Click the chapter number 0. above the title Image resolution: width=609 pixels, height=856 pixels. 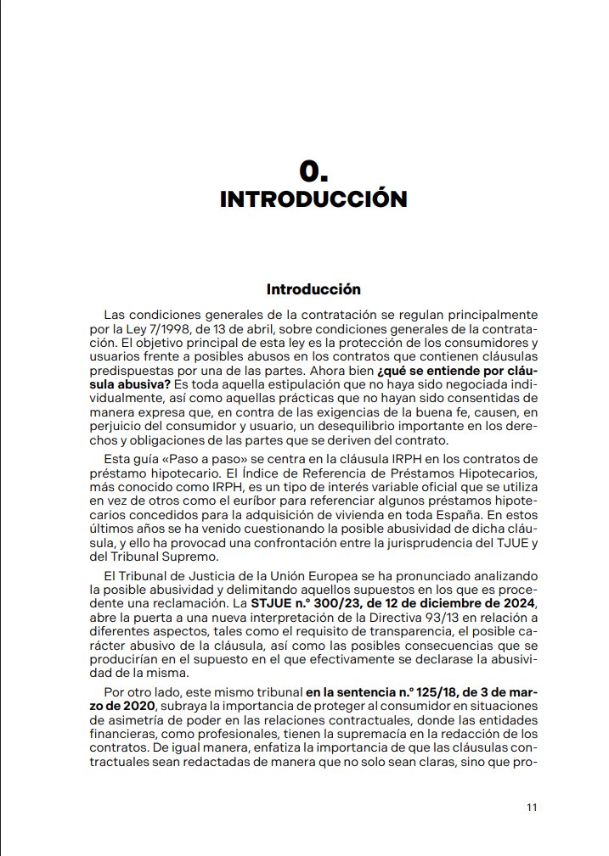click(x=313, y=171)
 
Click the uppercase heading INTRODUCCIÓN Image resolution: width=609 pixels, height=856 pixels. click(x=313, y=199)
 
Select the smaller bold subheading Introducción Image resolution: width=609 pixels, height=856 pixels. click(x=313, y=289)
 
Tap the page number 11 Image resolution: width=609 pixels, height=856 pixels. click(x=532, y=808)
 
